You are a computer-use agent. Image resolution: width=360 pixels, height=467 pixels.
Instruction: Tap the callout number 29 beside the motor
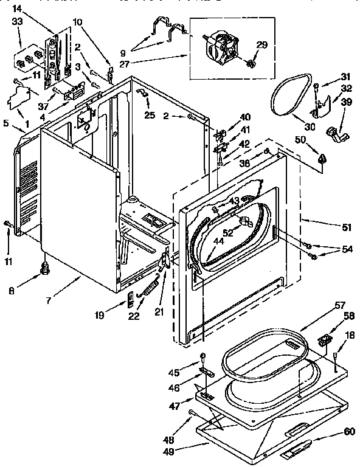tap(261, 46)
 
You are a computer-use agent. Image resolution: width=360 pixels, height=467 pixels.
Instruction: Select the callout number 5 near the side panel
tap(6, 122)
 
